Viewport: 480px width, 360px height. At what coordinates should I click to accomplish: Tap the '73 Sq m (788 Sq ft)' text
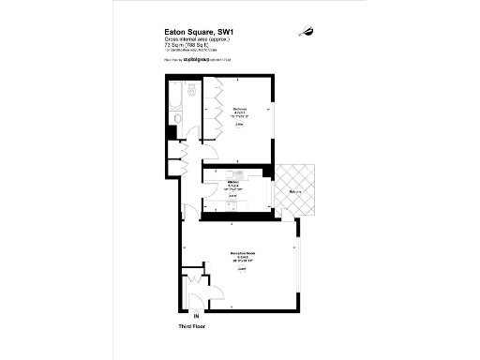[x=187, y=44]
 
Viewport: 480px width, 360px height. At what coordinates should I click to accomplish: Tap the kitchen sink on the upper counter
[x=239, y=173]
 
